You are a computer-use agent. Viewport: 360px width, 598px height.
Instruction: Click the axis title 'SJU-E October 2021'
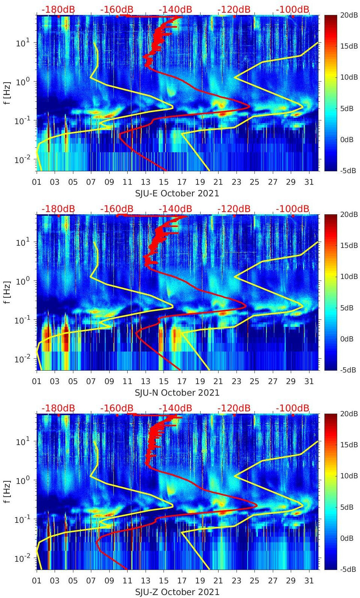[177, 193]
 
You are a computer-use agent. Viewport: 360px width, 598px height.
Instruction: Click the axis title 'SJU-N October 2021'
[177, 393]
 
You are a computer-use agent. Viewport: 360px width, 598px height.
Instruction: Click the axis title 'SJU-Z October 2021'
[177, 592]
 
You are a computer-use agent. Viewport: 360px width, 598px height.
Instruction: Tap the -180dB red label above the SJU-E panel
[58, 9]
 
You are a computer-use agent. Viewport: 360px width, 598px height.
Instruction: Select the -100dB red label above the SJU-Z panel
[293, 408]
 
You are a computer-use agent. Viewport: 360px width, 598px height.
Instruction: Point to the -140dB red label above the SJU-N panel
[175, 209]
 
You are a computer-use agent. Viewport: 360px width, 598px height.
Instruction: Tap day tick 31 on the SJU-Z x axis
[309, 581]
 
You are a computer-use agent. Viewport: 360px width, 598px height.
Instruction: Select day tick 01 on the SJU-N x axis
[37, 381]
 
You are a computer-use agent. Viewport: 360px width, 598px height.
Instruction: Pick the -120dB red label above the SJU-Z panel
[234, 408]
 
